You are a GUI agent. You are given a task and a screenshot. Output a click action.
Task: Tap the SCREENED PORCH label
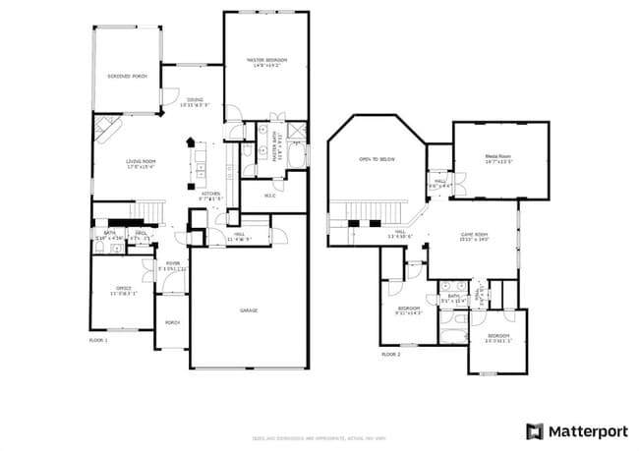127,76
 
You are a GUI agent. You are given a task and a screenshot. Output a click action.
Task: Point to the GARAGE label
249,310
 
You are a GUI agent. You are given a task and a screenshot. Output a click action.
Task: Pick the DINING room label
196,101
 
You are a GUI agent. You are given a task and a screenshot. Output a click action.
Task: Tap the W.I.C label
268,196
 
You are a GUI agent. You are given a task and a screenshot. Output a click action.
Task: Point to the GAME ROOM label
475,236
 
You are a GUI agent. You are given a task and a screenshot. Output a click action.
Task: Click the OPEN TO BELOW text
378,158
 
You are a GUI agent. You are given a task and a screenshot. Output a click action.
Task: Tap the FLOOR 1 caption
98,340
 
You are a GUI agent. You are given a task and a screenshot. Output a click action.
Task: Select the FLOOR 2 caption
391,353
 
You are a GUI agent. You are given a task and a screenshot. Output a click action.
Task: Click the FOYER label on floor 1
172,264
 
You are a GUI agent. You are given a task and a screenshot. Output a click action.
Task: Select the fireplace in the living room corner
106,128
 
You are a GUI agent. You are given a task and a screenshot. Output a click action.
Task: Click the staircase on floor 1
147,208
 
